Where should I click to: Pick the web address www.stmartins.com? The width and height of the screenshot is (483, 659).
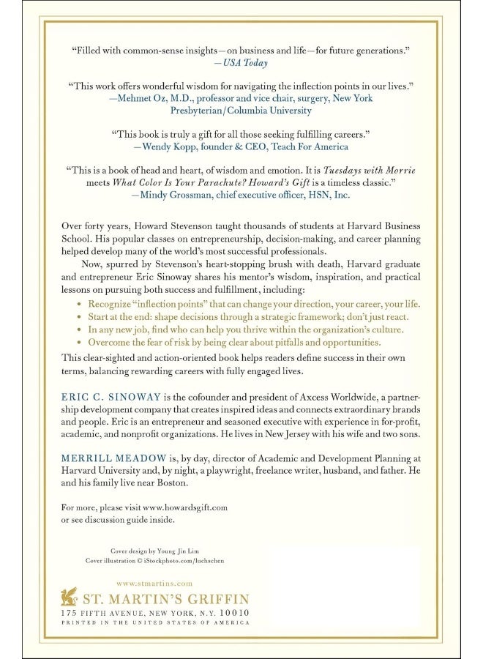[154, 583]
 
